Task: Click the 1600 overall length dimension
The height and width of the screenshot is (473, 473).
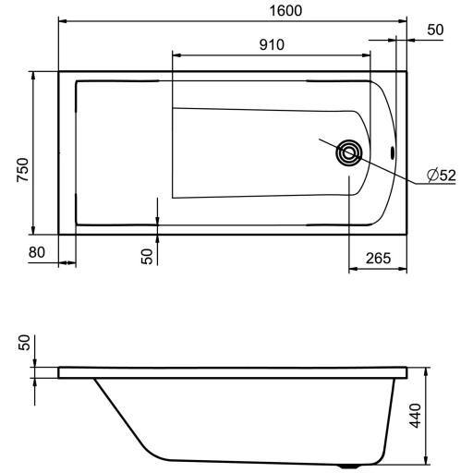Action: (285, 11)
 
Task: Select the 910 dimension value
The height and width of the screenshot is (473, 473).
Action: (272, 45)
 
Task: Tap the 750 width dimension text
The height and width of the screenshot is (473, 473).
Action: (23, 170)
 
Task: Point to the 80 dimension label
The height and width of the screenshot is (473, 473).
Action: (37, 252)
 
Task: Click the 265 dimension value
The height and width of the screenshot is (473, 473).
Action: (378, 258)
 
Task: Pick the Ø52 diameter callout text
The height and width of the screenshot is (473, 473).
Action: (442, 176)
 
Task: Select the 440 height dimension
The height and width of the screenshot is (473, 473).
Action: (415, 416)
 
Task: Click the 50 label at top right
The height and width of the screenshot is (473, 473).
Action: (435, 30)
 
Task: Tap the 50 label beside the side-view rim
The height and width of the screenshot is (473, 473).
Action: (24, 343)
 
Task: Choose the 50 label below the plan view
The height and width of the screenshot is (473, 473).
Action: (147, 257)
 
